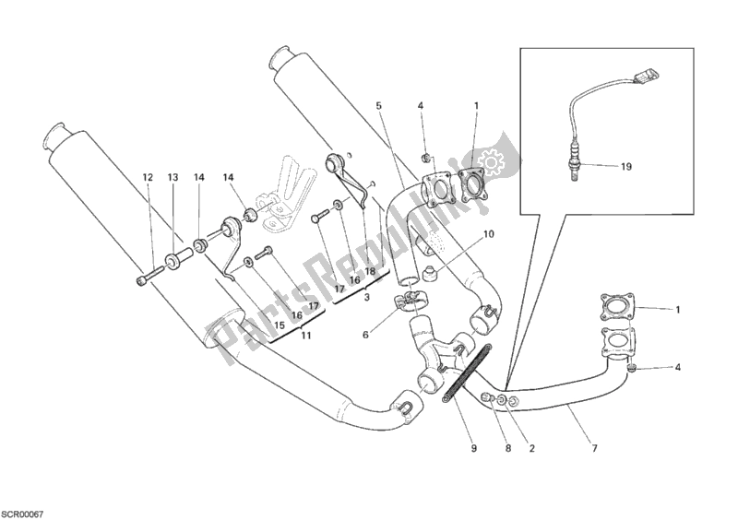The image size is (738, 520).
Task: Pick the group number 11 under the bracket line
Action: (304, 336)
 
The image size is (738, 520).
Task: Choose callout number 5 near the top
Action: (378, 106)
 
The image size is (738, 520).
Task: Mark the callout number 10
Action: (488, 234)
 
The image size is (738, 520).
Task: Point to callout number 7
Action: (594, 449)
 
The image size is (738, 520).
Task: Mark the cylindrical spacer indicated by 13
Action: (177, 258)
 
